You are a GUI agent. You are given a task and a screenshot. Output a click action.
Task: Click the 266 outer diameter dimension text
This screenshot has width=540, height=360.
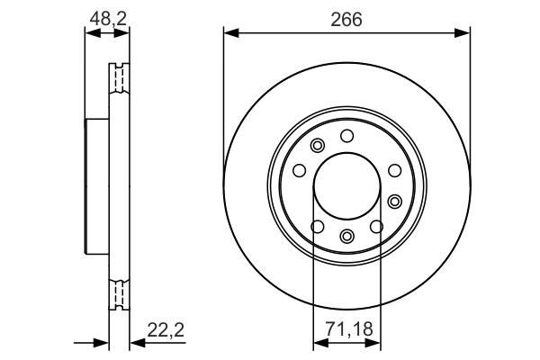[x=346, y=18]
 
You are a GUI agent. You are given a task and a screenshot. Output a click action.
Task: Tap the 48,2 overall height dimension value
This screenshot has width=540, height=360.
[x=106, y=16]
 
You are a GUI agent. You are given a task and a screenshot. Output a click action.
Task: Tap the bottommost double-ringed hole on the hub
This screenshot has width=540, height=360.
[x=346, y=236]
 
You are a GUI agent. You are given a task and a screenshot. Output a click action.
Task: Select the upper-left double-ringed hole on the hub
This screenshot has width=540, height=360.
[x=316, y=147]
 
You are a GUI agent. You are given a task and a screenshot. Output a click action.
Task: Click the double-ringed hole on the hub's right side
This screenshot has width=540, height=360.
[x=394, y=200]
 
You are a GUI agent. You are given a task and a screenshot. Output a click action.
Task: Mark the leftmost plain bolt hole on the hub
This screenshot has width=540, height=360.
[x=299, y=170]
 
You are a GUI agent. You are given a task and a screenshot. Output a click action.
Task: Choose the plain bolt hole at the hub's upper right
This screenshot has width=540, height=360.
[x=392, y=170]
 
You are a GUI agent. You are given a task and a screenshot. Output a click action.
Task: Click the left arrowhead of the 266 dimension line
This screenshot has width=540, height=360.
[x=230, y=34]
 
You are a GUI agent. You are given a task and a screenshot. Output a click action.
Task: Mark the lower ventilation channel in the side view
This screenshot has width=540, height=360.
[x=119, y=294]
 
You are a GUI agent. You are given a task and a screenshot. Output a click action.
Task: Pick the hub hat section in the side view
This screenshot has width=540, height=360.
[x=96, y=186]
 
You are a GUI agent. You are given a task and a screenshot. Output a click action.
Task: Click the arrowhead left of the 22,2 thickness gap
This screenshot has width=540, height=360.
[x=102, y=343]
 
